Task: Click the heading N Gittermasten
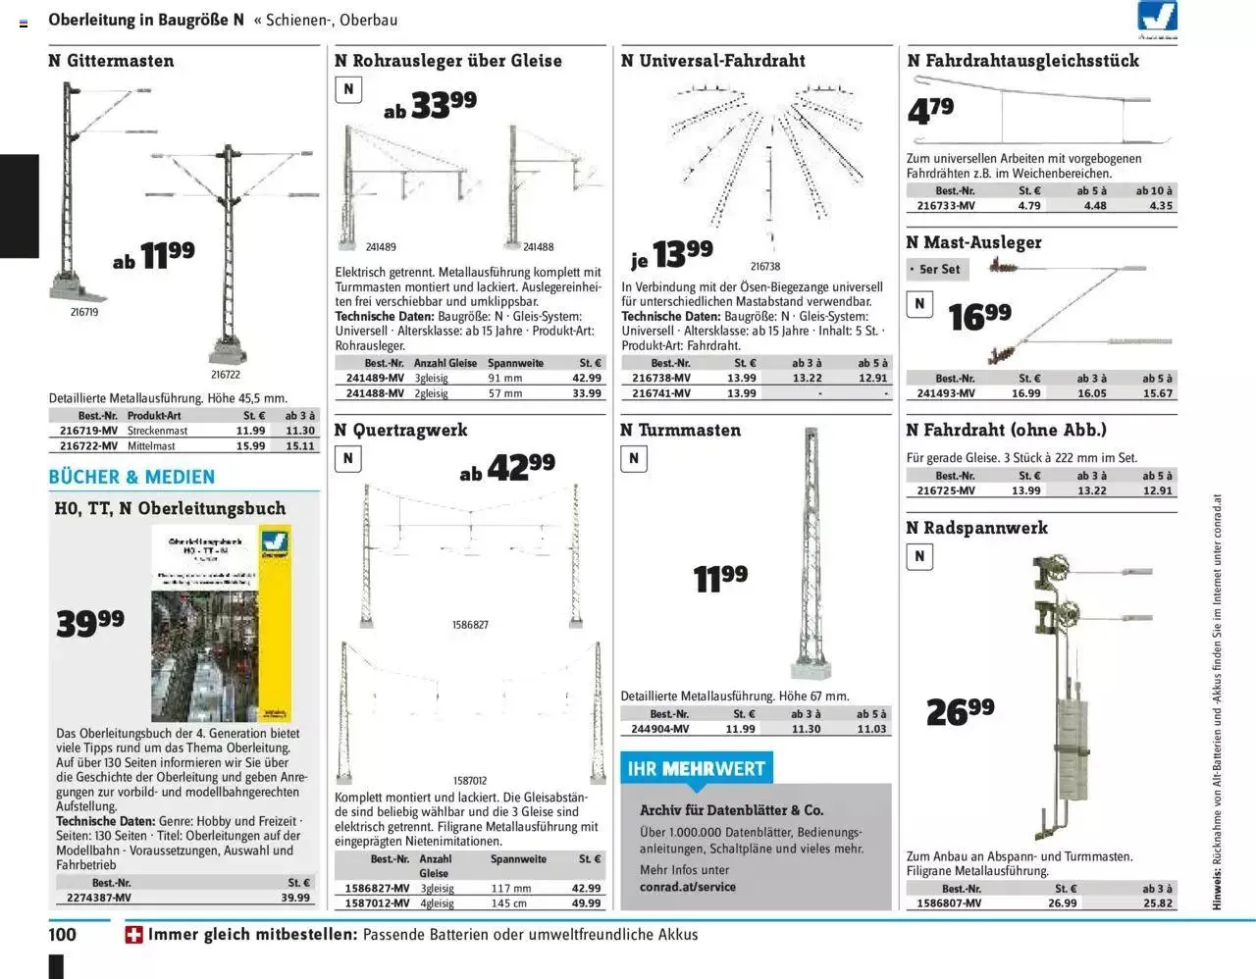pos(111,61)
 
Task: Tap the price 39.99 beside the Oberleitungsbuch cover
pos(90,622)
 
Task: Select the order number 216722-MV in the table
pos(88,445)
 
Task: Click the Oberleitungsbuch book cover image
pos(221,623)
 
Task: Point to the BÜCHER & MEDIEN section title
pos(131,477)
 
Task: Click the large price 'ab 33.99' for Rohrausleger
pos(430,106)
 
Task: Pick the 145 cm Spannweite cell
pos(509,902)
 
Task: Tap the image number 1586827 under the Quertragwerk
pos(470,625)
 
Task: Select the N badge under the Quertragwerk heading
pos(347,458)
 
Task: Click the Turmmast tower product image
pos(811,554)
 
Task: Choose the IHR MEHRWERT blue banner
pos(697,768)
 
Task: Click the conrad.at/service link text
pos(687,887)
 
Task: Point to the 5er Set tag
pos(934,269)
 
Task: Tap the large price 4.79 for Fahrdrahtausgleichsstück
pos(930,111)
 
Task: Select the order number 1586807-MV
pos(948,902)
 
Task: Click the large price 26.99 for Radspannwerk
pos(960,711)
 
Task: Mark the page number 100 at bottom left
pos(63,934)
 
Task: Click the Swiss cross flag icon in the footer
pos(134,935)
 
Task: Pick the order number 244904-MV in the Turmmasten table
pos(661,729)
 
